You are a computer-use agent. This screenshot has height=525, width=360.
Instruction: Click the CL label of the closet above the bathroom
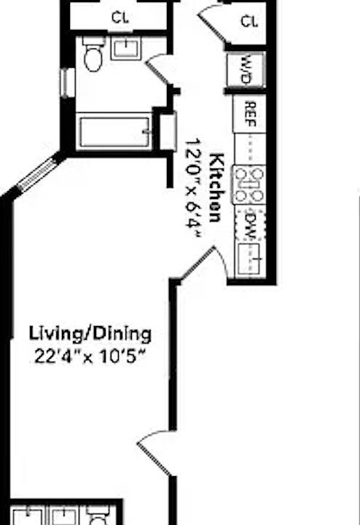pos(120,17)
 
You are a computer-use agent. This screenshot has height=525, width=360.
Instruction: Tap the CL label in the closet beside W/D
pos(250,21)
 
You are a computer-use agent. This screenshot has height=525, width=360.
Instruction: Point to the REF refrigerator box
pos(249,113)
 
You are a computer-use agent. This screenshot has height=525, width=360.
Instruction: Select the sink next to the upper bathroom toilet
pos(125,49)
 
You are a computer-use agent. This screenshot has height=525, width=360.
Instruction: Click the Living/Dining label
pos(90,335)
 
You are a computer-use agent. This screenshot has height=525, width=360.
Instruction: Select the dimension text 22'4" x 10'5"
pos(90,357)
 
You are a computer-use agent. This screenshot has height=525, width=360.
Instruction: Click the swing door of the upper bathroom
pos(156,71)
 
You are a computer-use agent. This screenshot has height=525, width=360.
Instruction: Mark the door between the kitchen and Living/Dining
pos(204,264)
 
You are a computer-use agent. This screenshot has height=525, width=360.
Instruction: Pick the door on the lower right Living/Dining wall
pos(154,446)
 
